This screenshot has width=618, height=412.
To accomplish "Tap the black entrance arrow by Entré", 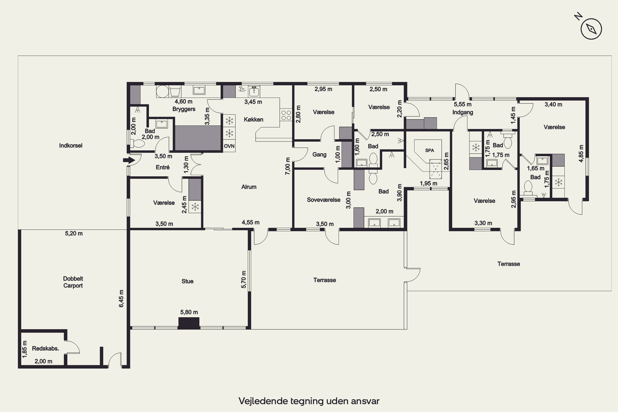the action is click(129, 160).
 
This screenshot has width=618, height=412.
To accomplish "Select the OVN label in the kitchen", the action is click(229, 146).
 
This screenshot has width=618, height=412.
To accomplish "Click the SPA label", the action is click(429, 150).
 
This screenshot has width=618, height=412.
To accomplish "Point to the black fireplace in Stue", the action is click(189, 323).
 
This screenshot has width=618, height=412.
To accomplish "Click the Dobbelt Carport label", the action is click(73, 282).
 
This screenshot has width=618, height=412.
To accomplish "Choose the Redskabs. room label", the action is click(46, 348).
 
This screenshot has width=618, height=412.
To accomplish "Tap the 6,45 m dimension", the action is click(121, 298).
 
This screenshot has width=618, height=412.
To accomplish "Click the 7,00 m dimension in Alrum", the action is click(288, 166).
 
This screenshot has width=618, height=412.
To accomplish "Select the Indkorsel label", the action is click(71, 146).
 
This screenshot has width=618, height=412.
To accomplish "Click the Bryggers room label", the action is click(184, 109).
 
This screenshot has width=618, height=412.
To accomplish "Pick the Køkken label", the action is click(254, 119).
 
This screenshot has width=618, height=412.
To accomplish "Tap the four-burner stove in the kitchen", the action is click(286, 115).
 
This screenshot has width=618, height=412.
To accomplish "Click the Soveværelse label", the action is click(324, 200).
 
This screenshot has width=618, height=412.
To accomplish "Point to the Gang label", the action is click(320, 154).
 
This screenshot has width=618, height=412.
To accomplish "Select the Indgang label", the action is click(463, 112).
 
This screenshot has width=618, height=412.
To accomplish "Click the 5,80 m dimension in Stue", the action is click(189, 312).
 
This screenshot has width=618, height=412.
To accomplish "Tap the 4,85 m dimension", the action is click(581, 153).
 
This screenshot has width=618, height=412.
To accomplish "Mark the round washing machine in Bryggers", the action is click(162, 91).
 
